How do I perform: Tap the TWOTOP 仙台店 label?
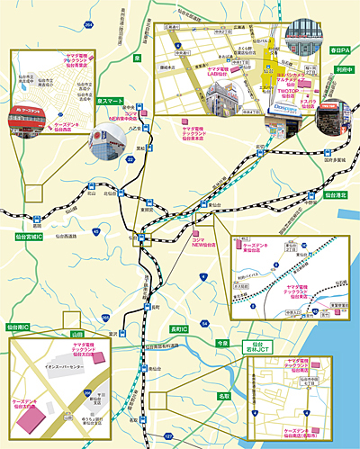point(286,93)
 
